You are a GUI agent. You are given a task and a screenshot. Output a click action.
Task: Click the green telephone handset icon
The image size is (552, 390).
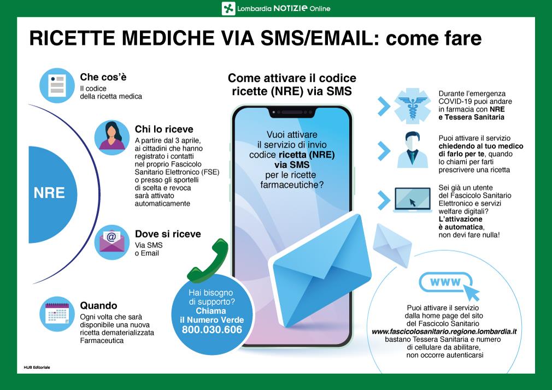pos(208,261)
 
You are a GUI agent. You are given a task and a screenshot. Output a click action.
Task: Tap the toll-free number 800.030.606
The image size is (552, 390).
pos(212,330)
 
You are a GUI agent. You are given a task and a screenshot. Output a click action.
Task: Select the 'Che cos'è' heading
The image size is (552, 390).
pos(103,77)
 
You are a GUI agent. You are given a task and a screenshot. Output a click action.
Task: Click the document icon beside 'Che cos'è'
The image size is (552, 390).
pos(57,86)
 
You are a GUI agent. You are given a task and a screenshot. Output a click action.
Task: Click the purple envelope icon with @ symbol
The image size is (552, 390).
pos(112,242)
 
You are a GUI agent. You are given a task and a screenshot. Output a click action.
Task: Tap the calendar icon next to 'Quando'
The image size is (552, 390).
pos(57,314)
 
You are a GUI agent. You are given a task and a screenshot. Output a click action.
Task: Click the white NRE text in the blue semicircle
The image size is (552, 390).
pos(49,193)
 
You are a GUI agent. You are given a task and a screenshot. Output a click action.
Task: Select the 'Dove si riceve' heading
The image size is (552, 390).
pos(168,234)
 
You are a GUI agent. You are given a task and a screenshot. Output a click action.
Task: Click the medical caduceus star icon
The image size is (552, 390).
pos(412,106)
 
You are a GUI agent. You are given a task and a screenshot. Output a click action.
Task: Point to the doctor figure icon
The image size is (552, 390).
pos(412,150)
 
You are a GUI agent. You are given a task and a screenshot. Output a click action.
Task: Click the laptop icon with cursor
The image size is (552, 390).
pos(413,200)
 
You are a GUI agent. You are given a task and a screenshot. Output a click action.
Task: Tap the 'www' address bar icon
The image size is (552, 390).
pos(445,282)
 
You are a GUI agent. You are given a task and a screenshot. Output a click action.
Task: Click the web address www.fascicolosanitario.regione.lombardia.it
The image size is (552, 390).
pos(444,332)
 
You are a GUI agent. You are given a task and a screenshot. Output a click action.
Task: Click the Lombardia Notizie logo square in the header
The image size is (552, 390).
pos(228,8)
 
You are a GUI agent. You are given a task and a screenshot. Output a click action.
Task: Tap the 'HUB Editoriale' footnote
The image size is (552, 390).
pos(37,367)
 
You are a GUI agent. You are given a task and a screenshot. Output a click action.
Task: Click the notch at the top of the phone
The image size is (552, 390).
pos(292,113)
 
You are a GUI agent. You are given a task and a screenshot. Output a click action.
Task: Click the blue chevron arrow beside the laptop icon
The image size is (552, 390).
pos(384,200)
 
